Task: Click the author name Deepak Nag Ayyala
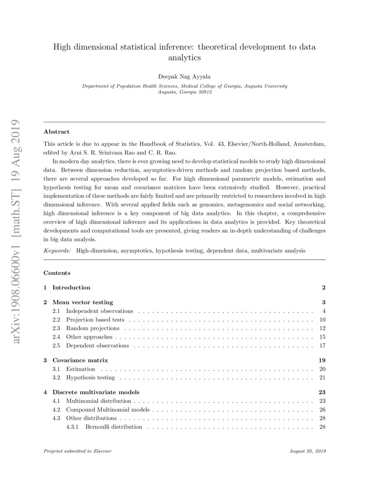184,76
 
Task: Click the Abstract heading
56,132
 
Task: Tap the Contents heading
57,273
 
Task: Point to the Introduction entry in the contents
71,287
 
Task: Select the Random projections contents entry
92,328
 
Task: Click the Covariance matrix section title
80,360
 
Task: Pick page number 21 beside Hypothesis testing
322,377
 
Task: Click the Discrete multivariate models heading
93,392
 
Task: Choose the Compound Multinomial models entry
108,409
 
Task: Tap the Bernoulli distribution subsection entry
114,427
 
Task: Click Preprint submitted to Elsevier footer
78,451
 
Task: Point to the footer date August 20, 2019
307,451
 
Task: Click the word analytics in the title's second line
184,56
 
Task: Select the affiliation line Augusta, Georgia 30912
184,92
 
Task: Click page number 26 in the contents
322,409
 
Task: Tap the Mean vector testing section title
82,302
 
